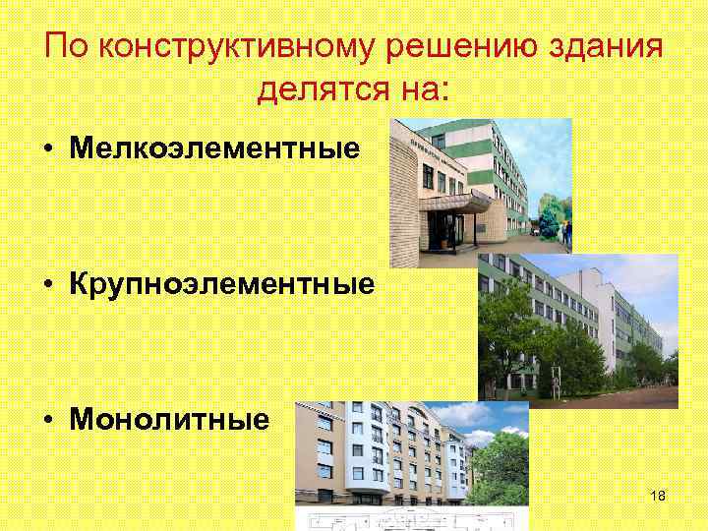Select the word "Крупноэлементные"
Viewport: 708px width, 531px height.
coord(221,284)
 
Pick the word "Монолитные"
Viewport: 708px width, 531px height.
coord(169,420)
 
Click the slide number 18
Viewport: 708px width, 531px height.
coord(658,496)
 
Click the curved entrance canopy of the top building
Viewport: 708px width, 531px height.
coord(455,203)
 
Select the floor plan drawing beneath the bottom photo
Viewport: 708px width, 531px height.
coord(413,519)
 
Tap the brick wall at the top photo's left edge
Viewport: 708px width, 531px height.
coord(405,197)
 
